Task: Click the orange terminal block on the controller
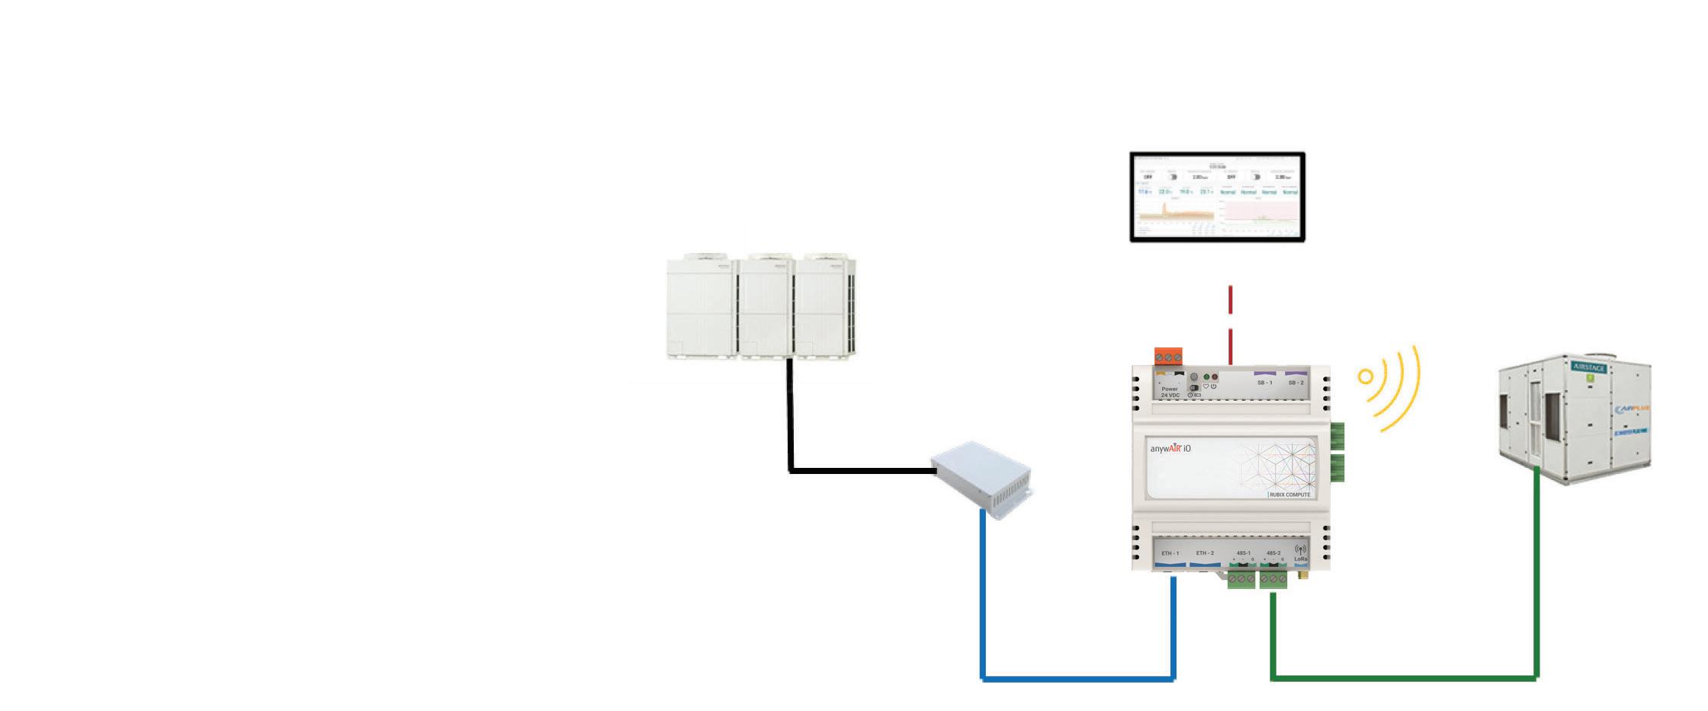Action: click(x=1167, y=357)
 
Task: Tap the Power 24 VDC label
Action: click(x=1170, y=392)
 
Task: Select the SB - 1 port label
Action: click(x=1264, y=383)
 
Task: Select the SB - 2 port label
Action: click(x=1295, y=383)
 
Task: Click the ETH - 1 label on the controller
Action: click(x=1170, y=553)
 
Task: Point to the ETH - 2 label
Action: click(x=1205, y=553)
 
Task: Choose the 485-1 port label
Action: click(x=1244, y=553)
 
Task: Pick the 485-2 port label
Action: click(x=1273, y=553)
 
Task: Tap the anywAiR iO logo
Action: click(x=1170, y=449)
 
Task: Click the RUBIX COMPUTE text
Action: click(x=1289, y=495)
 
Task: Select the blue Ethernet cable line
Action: click(x=1077, y=678)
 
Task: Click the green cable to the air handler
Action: click(x=1403, y=677)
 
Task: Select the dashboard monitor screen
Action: click(x=1217, y=197)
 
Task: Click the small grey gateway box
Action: click(x=981, y=478)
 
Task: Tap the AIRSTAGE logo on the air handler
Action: click(x=1589, y=367)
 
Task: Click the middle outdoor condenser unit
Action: click(x=766, y=307)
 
